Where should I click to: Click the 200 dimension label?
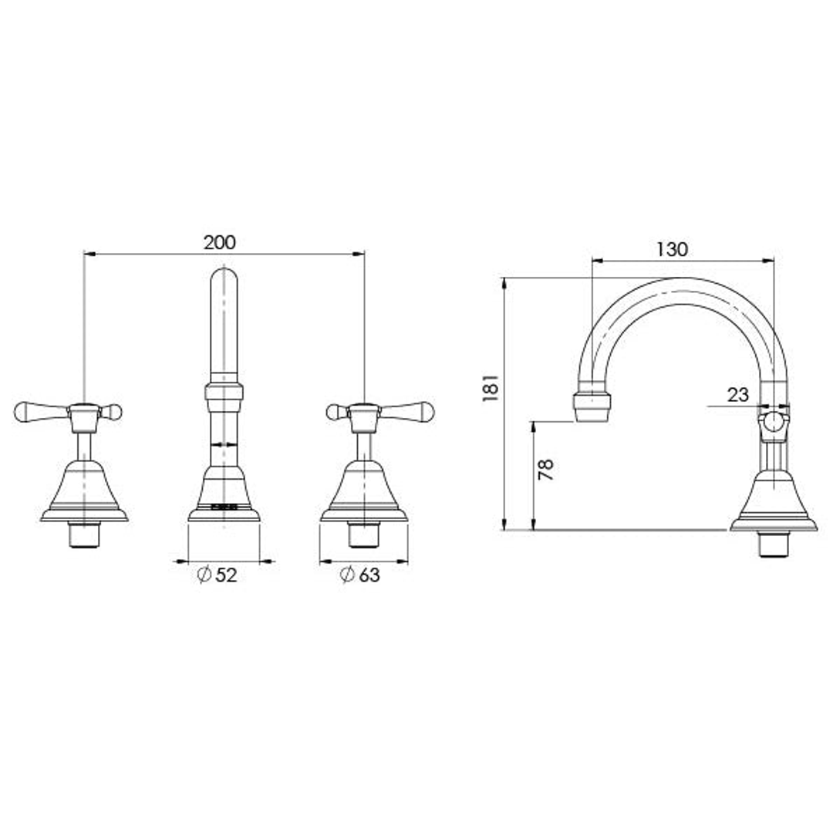pyautogui.click(x=220, y=242)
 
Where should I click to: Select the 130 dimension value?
pyautogui.click(x=672, y=249)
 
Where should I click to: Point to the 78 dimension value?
pyautogui.click(x=545, y=470)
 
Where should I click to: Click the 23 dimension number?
pyautogui.click(x=737, y=395)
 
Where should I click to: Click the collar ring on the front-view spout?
pyautogui.click(x=224, y=392)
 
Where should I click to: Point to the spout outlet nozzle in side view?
pyautogui.click(x=591, y=406)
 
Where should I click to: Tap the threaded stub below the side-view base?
pyautogui.click(x=773, y=545)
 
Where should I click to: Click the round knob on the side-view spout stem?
pyautogui.click(x=773, y=423)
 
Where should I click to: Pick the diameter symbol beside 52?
pyautogui.click(x=204, y=575)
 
